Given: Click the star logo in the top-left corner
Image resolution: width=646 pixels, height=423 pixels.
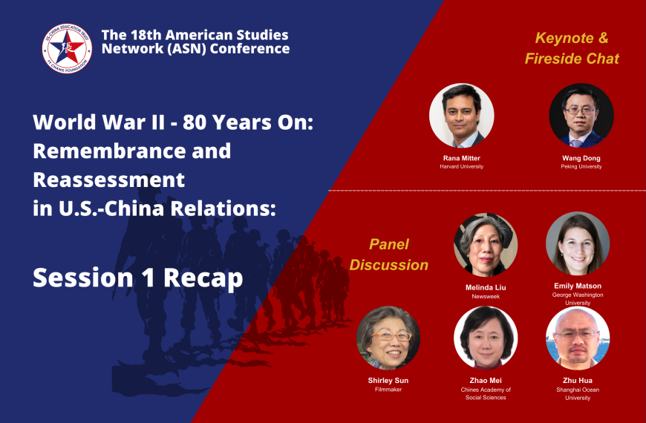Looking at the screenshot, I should [67, 48].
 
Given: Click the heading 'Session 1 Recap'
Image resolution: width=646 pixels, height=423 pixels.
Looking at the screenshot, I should [137, 277].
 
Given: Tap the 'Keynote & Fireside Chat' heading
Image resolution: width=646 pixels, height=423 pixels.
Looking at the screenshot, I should [572, 47].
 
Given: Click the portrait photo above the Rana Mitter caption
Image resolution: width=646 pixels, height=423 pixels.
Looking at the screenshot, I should [461, 116].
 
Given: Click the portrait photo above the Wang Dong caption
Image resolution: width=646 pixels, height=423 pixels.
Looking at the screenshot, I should [581, 116].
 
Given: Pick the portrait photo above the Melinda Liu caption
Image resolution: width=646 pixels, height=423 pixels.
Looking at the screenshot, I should [485, 245].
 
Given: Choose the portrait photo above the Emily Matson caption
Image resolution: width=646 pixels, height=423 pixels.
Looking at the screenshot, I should [578, 243].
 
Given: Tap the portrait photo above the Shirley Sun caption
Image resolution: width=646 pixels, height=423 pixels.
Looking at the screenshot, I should [388, 338].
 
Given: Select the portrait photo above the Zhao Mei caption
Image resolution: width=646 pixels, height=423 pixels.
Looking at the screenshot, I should [485, 338].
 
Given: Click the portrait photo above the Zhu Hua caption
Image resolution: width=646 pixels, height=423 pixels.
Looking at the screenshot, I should [578, 338].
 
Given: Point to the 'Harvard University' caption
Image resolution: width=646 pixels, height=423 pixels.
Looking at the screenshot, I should [461, 166].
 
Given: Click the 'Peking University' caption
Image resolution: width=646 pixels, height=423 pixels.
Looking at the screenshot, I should [581, 166].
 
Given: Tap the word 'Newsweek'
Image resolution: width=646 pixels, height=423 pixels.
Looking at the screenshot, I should [485, 295].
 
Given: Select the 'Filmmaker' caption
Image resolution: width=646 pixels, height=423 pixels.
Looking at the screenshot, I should [388, 390].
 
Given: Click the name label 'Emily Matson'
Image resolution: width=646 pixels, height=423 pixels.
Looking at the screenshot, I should [578, 286].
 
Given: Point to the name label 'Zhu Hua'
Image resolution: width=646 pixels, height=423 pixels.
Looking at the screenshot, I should [578, 381].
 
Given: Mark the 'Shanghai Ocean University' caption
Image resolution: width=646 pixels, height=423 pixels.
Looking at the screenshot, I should [578, 393].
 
